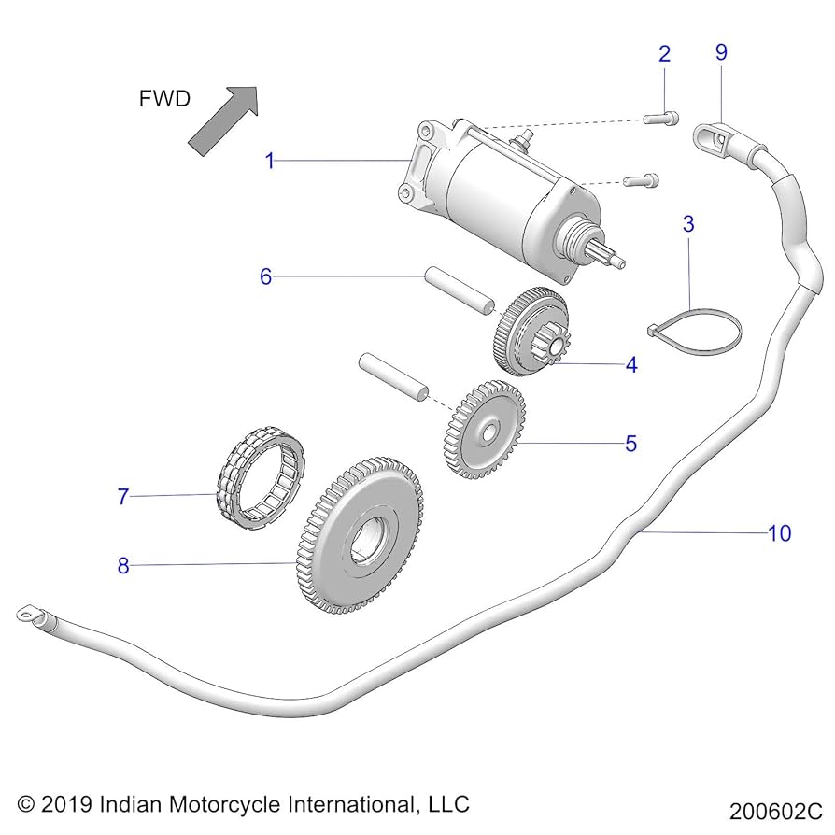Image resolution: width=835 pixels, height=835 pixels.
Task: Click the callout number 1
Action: (269, 162)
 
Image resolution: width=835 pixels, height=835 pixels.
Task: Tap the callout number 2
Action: (664, 53)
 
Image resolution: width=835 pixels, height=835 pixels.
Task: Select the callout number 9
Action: (721, 53)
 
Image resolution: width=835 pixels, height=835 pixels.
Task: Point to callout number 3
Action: (688, 224)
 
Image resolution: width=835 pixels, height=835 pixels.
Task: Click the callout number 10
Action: (779, 533)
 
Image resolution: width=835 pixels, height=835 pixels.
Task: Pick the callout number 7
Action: (122, 497)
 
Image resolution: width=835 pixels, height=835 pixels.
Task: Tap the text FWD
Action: (164, 99)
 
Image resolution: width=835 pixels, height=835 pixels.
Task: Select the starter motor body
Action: (504, 201)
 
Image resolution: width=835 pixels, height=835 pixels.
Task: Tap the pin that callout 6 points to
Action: (459, 290)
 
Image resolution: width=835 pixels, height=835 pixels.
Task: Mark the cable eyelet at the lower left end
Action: (25, 615)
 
